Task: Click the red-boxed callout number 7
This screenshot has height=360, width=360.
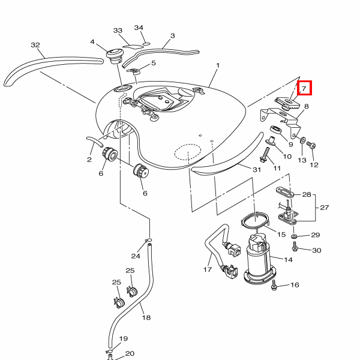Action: (304, 88)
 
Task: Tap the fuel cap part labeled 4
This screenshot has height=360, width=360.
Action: (115, 56)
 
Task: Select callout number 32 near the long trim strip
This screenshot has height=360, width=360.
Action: (35, 45)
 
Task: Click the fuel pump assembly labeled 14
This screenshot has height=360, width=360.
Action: (260, 259)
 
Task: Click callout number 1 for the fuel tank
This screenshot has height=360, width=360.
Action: (218, 65)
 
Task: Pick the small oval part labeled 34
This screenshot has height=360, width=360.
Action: (146, 44)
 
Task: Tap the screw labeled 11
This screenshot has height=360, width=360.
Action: (265, 155)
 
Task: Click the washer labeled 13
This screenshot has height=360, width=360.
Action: (303, 140)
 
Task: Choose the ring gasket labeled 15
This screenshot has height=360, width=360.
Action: (255, 221)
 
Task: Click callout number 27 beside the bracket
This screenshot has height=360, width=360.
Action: (324, 208)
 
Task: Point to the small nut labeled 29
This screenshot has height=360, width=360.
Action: (294, 236)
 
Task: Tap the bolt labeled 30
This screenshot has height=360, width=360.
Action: (295, 247)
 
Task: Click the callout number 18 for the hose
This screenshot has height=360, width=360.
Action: (146, 317)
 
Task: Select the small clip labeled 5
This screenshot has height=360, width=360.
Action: (134, 71)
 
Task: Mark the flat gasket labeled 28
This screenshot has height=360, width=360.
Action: (285, 193)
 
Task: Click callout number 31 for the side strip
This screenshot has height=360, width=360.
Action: (257, 170)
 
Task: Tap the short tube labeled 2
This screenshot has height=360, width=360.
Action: (95, 142)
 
